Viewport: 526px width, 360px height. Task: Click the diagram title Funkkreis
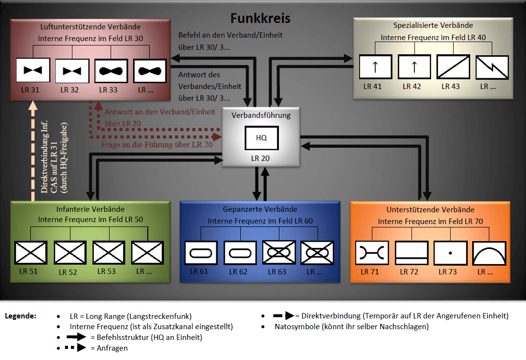coord(260,19)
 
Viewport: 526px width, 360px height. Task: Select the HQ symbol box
coord(262,138)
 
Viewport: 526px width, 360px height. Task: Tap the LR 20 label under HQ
coord(261,158)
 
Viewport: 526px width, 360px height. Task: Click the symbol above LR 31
coord(33,70)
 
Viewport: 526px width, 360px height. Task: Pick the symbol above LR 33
coord(111,70)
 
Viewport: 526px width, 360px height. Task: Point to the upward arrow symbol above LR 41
coord(376,66)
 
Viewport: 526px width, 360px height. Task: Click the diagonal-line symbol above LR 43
coord(453,66)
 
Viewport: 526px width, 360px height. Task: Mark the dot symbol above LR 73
coord(450,253)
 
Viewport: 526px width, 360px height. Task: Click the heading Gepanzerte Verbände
coord(260,209)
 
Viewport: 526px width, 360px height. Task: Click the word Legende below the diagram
coord(21,316)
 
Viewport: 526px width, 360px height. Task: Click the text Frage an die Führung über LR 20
coord(157,145)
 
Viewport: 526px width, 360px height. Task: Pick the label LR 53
coord(107,271)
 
